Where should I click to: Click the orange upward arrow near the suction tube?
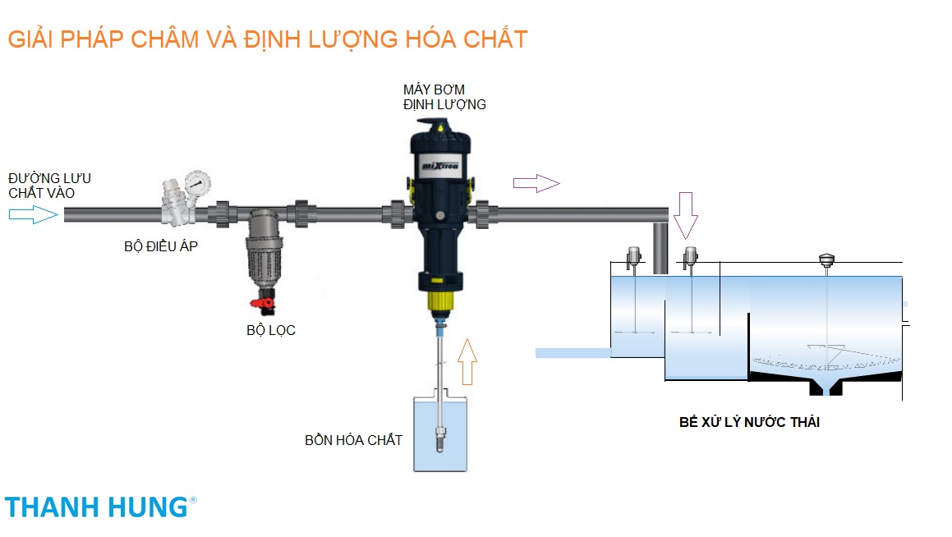(x=467, y=360)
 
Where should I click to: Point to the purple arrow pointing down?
(x=685, y=216)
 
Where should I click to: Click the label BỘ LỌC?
(x=270, y=331)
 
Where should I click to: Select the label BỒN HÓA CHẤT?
(x=353, y=441)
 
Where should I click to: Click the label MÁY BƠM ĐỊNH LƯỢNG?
(x=444, y=96)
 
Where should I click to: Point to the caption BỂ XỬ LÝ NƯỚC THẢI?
(x=750, y=423)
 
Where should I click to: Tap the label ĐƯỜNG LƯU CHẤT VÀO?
(x=49, y=186)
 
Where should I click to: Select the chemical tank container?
(x=441, y=435)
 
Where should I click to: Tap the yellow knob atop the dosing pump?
(x=442, y=126)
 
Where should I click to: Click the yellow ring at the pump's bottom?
(x=442, y=301)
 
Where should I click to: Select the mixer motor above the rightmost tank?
(x=826, y=260)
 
